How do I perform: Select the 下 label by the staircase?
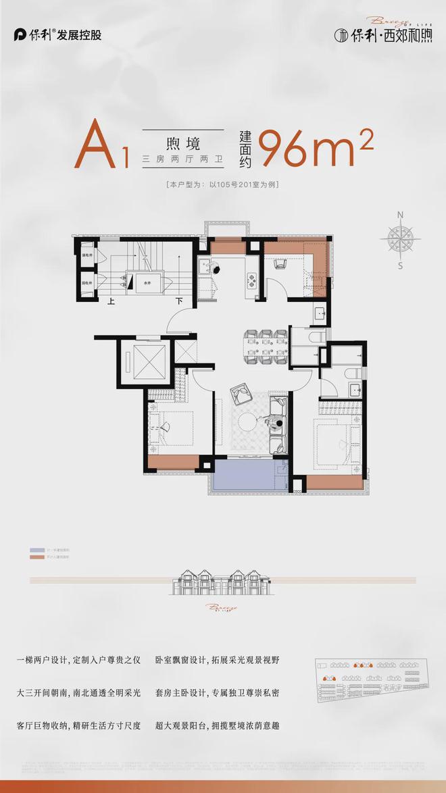[179, 301]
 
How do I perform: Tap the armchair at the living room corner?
[240, 392]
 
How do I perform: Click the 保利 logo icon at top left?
[20, 34]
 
